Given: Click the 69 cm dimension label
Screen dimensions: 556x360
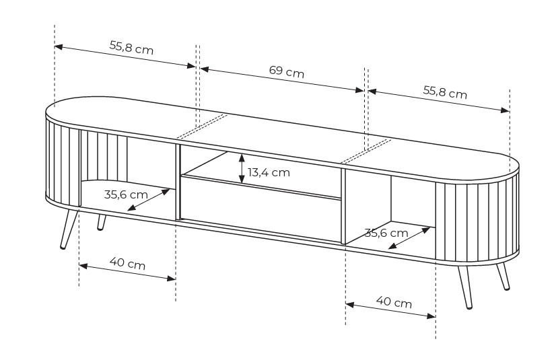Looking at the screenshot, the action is pyautogui.click(x=287, y=71).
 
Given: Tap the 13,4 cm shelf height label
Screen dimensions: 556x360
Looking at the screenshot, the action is pyautogui.click(x=269, y=172).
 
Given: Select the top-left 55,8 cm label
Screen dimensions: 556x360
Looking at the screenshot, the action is pyautogui.click(x=131, y=48).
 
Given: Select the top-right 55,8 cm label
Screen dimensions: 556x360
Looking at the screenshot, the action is pyautogui.click(x=445, y=92).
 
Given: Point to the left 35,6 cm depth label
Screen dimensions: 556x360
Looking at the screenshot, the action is pyautogui.click(x=126, y=194).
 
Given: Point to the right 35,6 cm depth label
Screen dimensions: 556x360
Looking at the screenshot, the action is pyautogui.click(x=386, y=233).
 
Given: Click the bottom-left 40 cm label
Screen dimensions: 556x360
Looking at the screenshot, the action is pyautogui.click(x=127, y=264).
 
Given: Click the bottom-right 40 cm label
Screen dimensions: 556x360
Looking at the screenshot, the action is pyautogui.click(x=394, y=302).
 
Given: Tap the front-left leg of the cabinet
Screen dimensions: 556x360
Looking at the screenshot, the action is pyautogui.click(x=69, y=229).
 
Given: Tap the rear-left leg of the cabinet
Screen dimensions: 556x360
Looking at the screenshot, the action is pyautogui.click(x=102, y=223).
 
